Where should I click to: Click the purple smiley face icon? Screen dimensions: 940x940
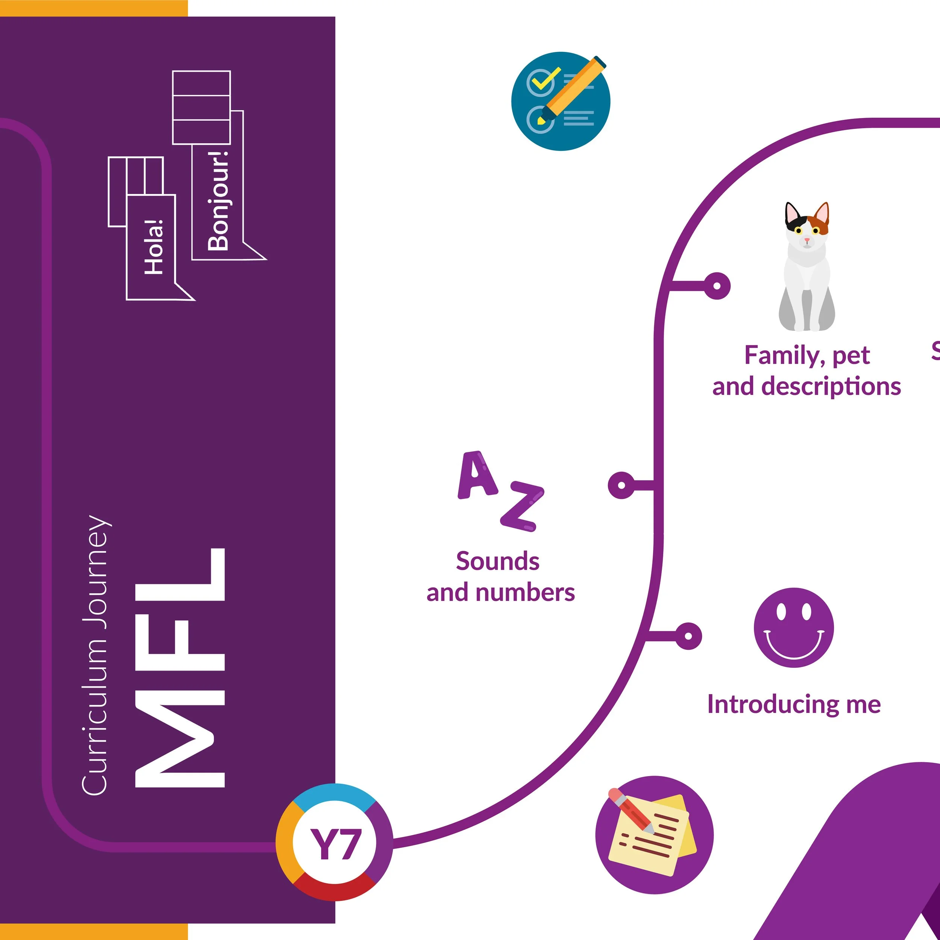tap(794, 628)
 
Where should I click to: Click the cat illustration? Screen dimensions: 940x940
tap(807, 268)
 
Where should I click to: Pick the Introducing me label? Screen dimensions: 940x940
tap(794, 705)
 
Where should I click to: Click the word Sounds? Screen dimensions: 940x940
tap(497, 561)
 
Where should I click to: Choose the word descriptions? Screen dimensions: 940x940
tap(831, 386)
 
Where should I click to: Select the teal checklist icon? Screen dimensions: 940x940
tap(561, 101)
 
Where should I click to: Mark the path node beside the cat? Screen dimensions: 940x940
tap(716, 286)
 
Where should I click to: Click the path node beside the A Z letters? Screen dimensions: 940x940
tap(621, 485)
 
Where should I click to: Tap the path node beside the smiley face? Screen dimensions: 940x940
tap(688, 636)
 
